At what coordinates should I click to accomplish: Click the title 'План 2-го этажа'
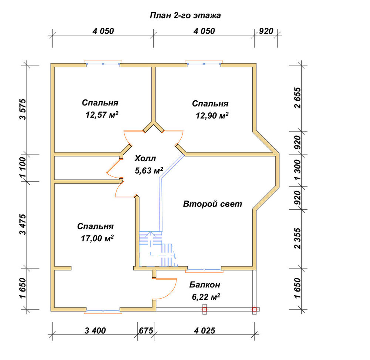pyautogui.click(x=185, y=16)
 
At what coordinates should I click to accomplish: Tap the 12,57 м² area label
pyautogui.click(x=102, y=115)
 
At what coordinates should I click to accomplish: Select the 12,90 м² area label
pyautogui.click(x=212, y=115)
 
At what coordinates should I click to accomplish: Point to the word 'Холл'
pyautogui.click(x=145, y=158)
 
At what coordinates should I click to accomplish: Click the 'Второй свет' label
pyautogui.click(x=213, y=204)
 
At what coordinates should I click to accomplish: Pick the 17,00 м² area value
pyautogui.click(x=97, y=238)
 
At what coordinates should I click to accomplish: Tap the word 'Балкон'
pyautogui.click(x=205, y=285)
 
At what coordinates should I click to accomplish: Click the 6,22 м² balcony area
pyautogui.click(x=206, y=297)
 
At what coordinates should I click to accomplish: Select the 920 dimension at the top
pyautogui.click(x=266, y=31)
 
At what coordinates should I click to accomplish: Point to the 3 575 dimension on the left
pyautogui.click(x=23, y=110)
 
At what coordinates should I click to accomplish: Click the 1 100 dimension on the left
pyautogui.click(x=23, y=168)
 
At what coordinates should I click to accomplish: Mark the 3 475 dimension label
pyautogui.click(x=23, y=225)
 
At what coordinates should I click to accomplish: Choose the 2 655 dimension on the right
pyautogui.click(x=298, y=98)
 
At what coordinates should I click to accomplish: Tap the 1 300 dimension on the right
pyautogui.click(x=298, y=170)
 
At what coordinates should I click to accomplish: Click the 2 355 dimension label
pyautogui.click(x=298, y=238)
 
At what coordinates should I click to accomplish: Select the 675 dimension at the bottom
pyautogui.click(x=146, y=331)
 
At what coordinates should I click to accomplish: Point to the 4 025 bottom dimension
pyautogui.click(x=205, y=331)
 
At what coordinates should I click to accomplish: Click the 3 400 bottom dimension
pyautogui.click(x=95, y=331)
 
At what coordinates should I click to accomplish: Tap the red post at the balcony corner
pyautogui.click(x=255, y=309)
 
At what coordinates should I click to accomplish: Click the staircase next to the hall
pyautogui.click(x=158, y=249)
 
